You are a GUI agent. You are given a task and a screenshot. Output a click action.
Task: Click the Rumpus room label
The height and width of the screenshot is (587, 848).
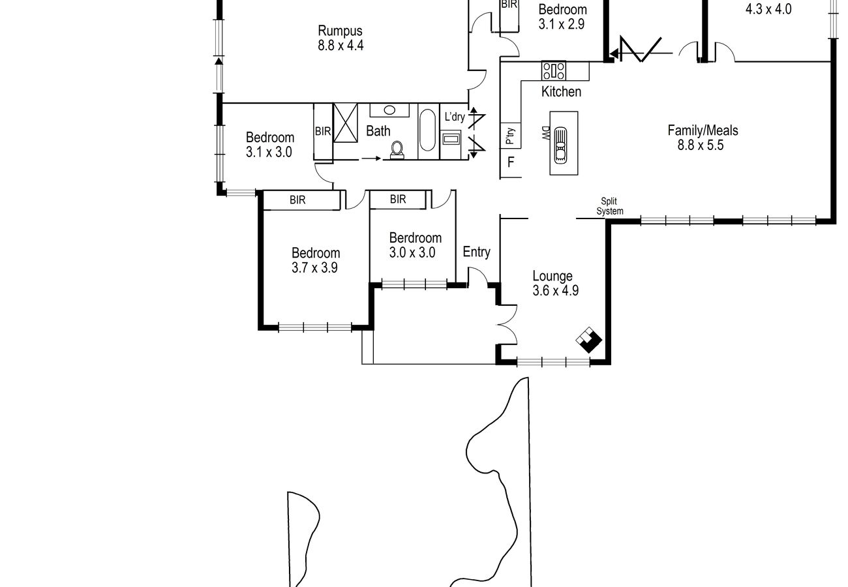(x=340, y=31)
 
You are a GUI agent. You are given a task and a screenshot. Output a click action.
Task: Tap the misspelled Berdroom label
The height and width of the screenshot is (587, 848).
(x=416, y=237)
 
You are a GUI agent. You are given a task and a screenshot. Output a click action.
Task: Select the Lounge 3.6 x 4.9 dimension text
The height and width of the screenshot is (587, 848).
(x=555, y=290)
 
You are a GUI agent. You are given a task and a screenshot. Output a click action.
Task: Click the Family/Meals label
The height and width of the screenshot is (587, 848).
(x=703, y=130)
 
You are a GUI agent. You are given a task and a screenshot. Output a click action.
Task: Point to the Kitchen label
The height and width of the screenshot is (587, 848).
(x=561, y=91)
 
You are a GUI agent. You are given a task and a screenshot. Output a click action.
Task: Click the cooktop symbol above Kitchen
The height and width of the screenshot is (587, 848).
(x=553, y=70)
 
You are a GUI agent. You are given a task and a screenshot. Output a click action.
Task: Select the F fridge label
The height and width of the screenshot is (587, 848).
(x=511, y=162)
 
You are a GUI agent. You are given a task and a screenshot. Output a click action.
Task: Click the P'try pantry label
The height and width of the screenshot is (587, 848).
(x=510, y=136)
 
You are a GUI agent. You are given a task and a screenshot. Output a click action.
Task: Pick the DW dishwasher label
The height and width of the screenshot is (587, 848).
(x=545, y=133)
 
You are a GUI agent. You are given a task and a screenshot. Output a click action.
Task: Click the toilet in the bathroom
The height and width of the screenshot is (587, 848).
(x=397, y=150)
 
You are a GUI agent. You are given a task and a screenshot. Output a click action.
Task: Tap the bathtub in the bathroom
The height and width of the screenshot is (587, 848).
(x=428, y=130)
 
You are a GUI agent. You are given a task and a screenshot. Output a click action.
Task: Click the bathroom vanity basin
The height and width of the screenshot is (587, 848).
(x=389, y=110)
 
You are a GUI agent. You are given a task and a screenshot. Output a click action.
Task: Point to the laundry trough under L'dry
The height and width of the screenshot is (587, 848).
(x=451, y=140)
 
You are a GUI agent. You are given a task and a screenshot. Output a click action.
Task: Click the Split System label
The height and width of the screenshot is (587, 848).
(x=609, y=206)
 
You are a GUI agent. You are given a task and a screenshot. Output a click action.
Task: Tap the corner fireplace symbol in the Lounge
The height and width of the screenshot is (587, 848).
(x=588, y=340)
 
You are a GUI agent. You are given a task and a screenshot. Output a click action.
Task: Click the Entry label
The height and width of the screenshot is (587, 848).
(x=476, y=252)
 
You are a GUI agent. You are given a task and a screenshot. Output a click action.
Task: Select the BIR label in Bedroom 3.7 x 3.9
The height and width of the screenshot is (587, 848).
(x=297, y=200)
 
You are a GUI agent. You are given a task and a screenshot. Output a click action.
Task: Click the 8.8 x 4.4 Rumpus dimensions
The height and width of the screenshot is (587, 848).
(x=341, y=46)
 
